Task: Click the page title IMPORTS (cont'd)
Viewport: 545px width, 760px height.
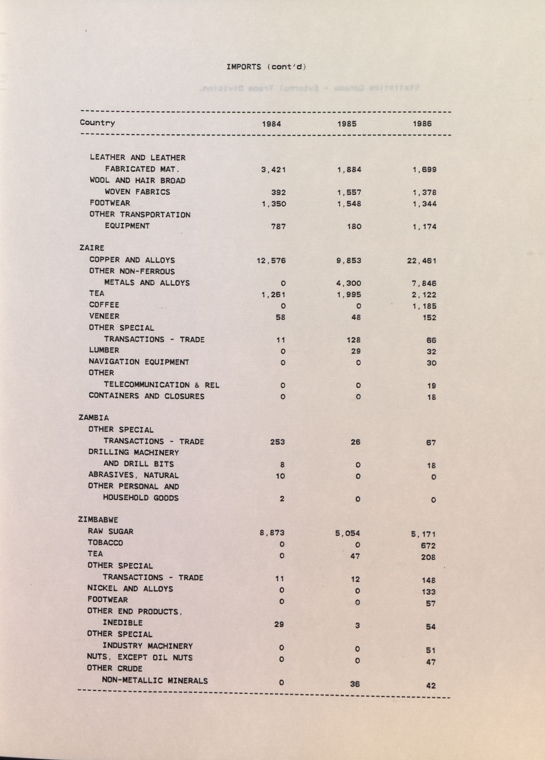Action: (266, 67)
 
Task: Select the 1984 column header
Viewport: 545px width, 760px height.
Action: (271, 124)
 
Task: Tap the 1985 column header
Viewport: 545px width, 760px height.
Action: (347, 124)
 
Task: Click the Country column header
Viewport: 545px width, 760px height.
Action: (97, 123)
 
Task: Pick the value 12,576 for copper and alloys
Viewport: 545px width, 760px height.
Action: (271, 261)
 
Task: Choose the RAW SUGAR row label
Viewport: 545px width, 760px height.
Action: (111, 531)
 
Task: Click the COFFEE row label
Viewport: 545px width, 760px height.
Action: (104, 305)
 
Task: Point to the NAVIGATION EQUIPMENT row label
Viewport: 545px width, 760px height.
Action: (139, 362)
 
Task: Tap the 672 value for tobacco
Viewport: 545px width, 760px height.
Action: (428, 545)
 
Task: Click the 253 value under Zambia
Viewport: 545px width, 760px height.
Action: (277, 442)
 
